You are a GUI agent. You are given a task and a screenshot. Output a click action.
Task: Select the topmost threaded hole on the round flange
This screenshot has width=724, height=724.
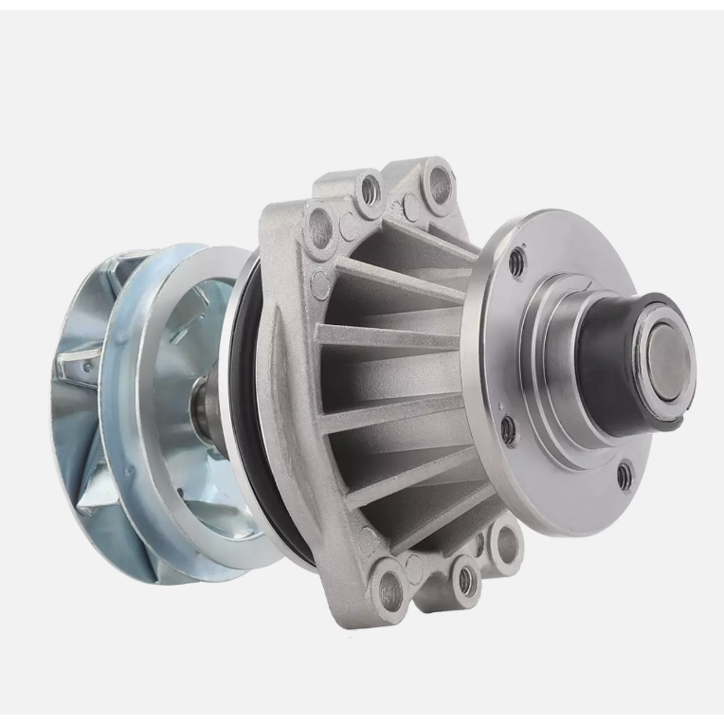(516, 262)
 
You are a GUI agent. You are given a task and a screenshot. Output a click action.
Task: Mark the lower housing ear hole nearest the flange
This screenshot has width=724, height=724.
(505, 543)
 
